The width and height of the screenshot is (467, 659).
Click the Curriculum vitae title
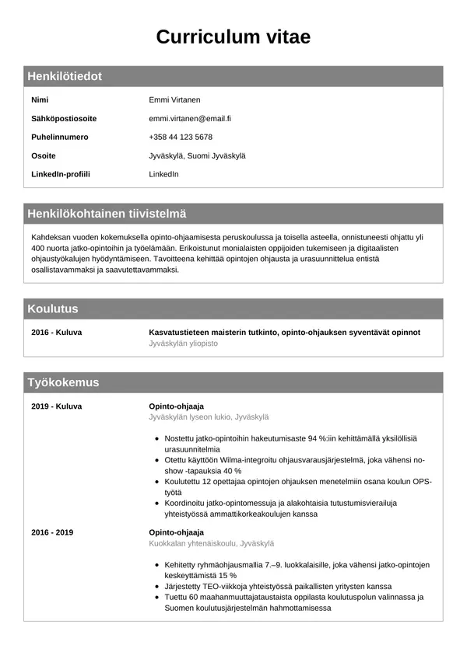233,37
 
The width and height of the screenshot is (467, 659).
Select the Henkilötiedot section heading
65,76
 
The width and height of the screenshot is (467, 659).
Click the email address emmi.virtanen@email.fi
190,118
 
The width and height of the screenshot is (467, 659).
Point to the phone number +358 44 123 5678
181,137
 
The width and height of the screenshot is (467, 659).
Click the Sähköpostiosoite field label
64,118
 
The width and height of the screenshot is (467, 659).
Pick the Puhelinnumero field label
60,137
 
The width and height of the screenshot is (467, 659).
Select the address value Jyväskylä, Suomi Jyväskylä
197,155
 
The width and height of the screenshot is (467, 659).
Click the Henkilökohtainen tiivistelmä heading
107,214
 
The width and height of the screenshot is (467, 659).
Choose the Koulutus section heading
53,309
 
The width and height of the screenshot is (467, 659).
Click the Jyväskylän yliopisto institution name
183,343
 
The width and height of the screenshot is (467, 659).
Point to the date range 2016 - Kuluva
57,332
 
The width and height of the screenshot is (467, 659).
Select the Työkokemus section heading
63,382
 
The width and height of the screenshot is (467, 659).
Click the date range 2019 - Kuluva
57,406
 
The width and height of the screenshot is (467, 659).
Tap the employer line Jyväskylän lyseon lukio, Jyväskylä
209,417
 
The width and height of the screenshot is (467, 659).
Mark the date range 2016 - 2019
52,532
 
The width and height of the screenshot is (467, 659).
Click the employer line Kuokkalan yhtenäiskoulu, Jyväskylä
211,543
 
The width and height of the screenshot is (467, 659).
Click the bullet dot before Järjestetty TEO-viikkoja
158,587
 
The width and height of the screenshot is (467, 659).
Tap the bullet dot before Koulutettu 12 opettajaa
158,482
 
